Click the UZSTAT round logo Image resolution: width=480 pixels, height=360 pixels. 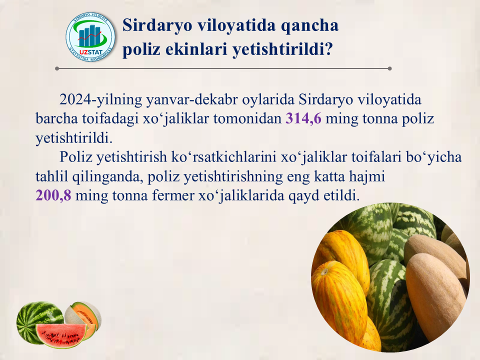90,37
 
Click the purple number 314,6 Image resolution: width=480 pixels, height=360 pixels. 303,118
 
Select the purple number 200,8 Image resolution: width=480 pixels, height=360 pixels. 53,195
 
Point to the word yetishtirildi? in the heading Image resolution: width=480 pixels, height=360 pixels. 282,48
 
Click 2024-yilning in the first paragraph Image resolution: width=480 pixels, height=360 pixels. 100,100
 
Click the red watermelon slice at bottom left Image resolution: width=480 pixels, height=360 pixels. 61,334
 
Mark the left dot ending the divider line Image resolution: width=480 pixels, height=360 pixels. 57,68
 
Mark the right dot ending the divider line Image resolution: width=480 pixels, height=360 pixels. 389,68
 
